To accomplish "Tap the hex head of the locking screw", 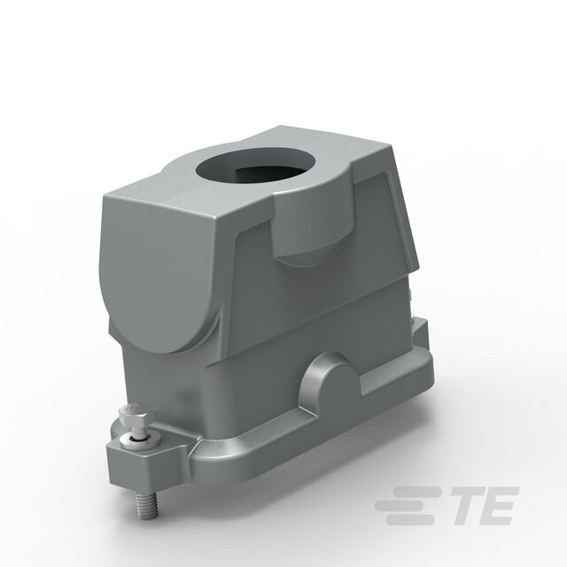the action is (135, 416).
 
